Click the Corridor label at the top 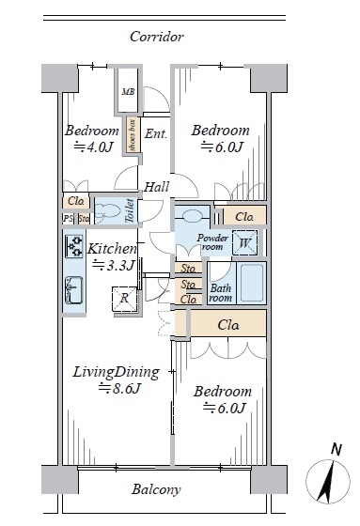156,37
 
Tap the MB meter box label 128,92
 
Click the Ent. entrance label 155,133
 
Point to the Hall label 156,187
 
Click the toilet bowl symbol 108,211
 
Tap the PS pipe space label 69,219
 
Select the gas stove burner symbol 74,246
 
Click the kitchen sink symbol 74,290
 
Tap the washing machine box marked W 244,242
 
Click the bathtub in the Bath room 252,283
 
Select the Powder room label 212,242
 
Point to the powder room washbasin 193,215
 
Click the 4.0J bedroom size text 93,147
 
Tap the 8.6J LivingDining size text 120,389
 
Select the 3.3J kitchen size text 114,265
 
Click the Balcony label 156,489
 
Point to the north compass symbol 328,481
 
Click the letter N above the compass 337,450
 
